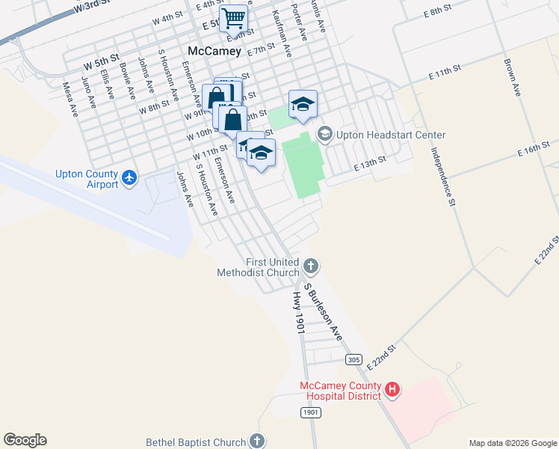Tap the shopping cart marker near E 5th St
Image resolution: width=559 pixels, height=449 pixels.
(x=234, y=19)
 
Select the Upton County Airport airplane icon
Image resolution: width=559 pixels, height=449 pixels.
(x=130, y=178)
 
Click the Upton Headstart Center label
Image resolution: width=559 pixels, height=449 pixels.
(x=391, y=135)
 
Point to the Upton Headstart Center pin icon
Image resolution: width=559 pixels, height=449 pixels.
(x=324, y=135)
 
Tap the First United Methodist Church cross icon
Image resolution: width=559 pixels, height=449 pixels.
(x=311, y=266)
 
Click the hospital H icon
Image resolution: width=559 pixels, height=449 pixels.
(x=392, y=389)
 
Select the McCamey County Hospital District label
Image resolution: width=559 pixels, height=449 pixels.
(x=340, y=391)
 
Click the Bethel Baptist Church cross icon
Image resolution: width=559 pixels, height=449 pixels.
(x=257, y=442)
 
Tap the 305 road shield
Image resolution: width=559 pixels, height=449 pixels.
(x=354, y=360)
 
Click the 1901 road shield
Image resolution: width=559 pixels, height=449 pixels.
(x=311, y=412)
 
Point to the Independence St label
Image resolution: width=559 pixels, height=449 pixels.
(x=442, y=176)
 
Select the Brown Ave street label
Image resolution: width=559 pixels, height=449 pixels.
(x=512, y=78)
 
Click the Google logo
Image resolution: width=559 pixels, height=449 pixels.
(x=25, y=440)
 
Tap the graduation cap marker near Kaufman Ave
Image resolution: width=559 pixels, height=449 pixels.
(x=303, y=105)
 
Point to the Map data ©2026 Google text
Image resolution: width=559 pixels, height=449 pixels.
(x=512, y=443)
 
